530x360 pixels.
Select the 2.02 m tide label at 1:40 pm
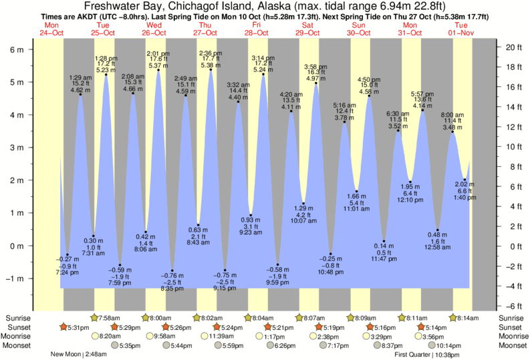tap(465, 184)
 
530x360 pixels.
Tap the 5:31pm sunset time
tap(79, 327)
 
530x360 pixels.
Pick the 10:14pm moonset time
tap(449, 345)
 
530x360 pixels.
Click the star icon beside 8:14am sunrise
tap(454, 317)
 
